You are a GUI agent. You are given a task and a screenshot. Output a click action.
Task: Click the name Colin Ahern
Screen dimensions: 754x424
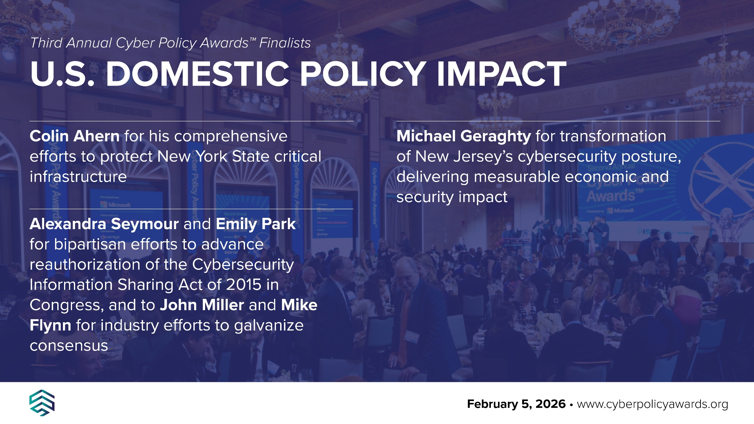(75, 136)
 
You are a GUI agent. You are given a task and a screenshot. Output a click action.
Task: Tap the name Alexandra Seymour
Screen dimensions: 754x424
(104, 224)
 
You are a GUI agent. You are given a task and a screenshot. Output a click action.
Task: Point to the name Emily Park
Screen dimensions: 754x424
(256, 224)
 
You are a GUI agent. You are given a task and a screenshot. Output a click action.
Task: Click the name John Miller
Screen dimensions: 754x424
(202, 305)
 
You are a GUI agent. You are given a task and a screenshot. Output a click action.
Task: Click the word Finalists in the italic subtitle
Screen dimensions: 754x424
(285, 43)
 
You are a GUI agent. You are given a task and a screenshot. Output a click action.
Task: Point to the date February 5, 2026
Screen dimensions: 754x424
(516, 404)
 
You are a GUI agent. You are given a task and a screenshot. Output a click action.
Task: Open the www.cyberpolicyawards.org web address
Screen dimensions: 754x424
(652, 404)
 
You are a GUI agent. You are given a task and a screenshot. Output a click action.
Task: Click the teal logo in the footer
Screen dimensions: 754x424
(42, 403)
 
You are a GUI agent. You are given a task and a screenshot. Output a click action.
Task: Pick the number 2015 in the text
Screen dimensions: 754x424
(244, 285)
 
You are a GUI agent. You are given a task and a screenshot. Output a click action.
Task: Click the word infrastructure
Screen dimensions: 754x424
(78, 177)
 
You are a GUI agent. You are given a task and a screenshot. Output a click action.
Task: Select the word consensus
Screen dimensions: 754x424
(69, 346)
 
